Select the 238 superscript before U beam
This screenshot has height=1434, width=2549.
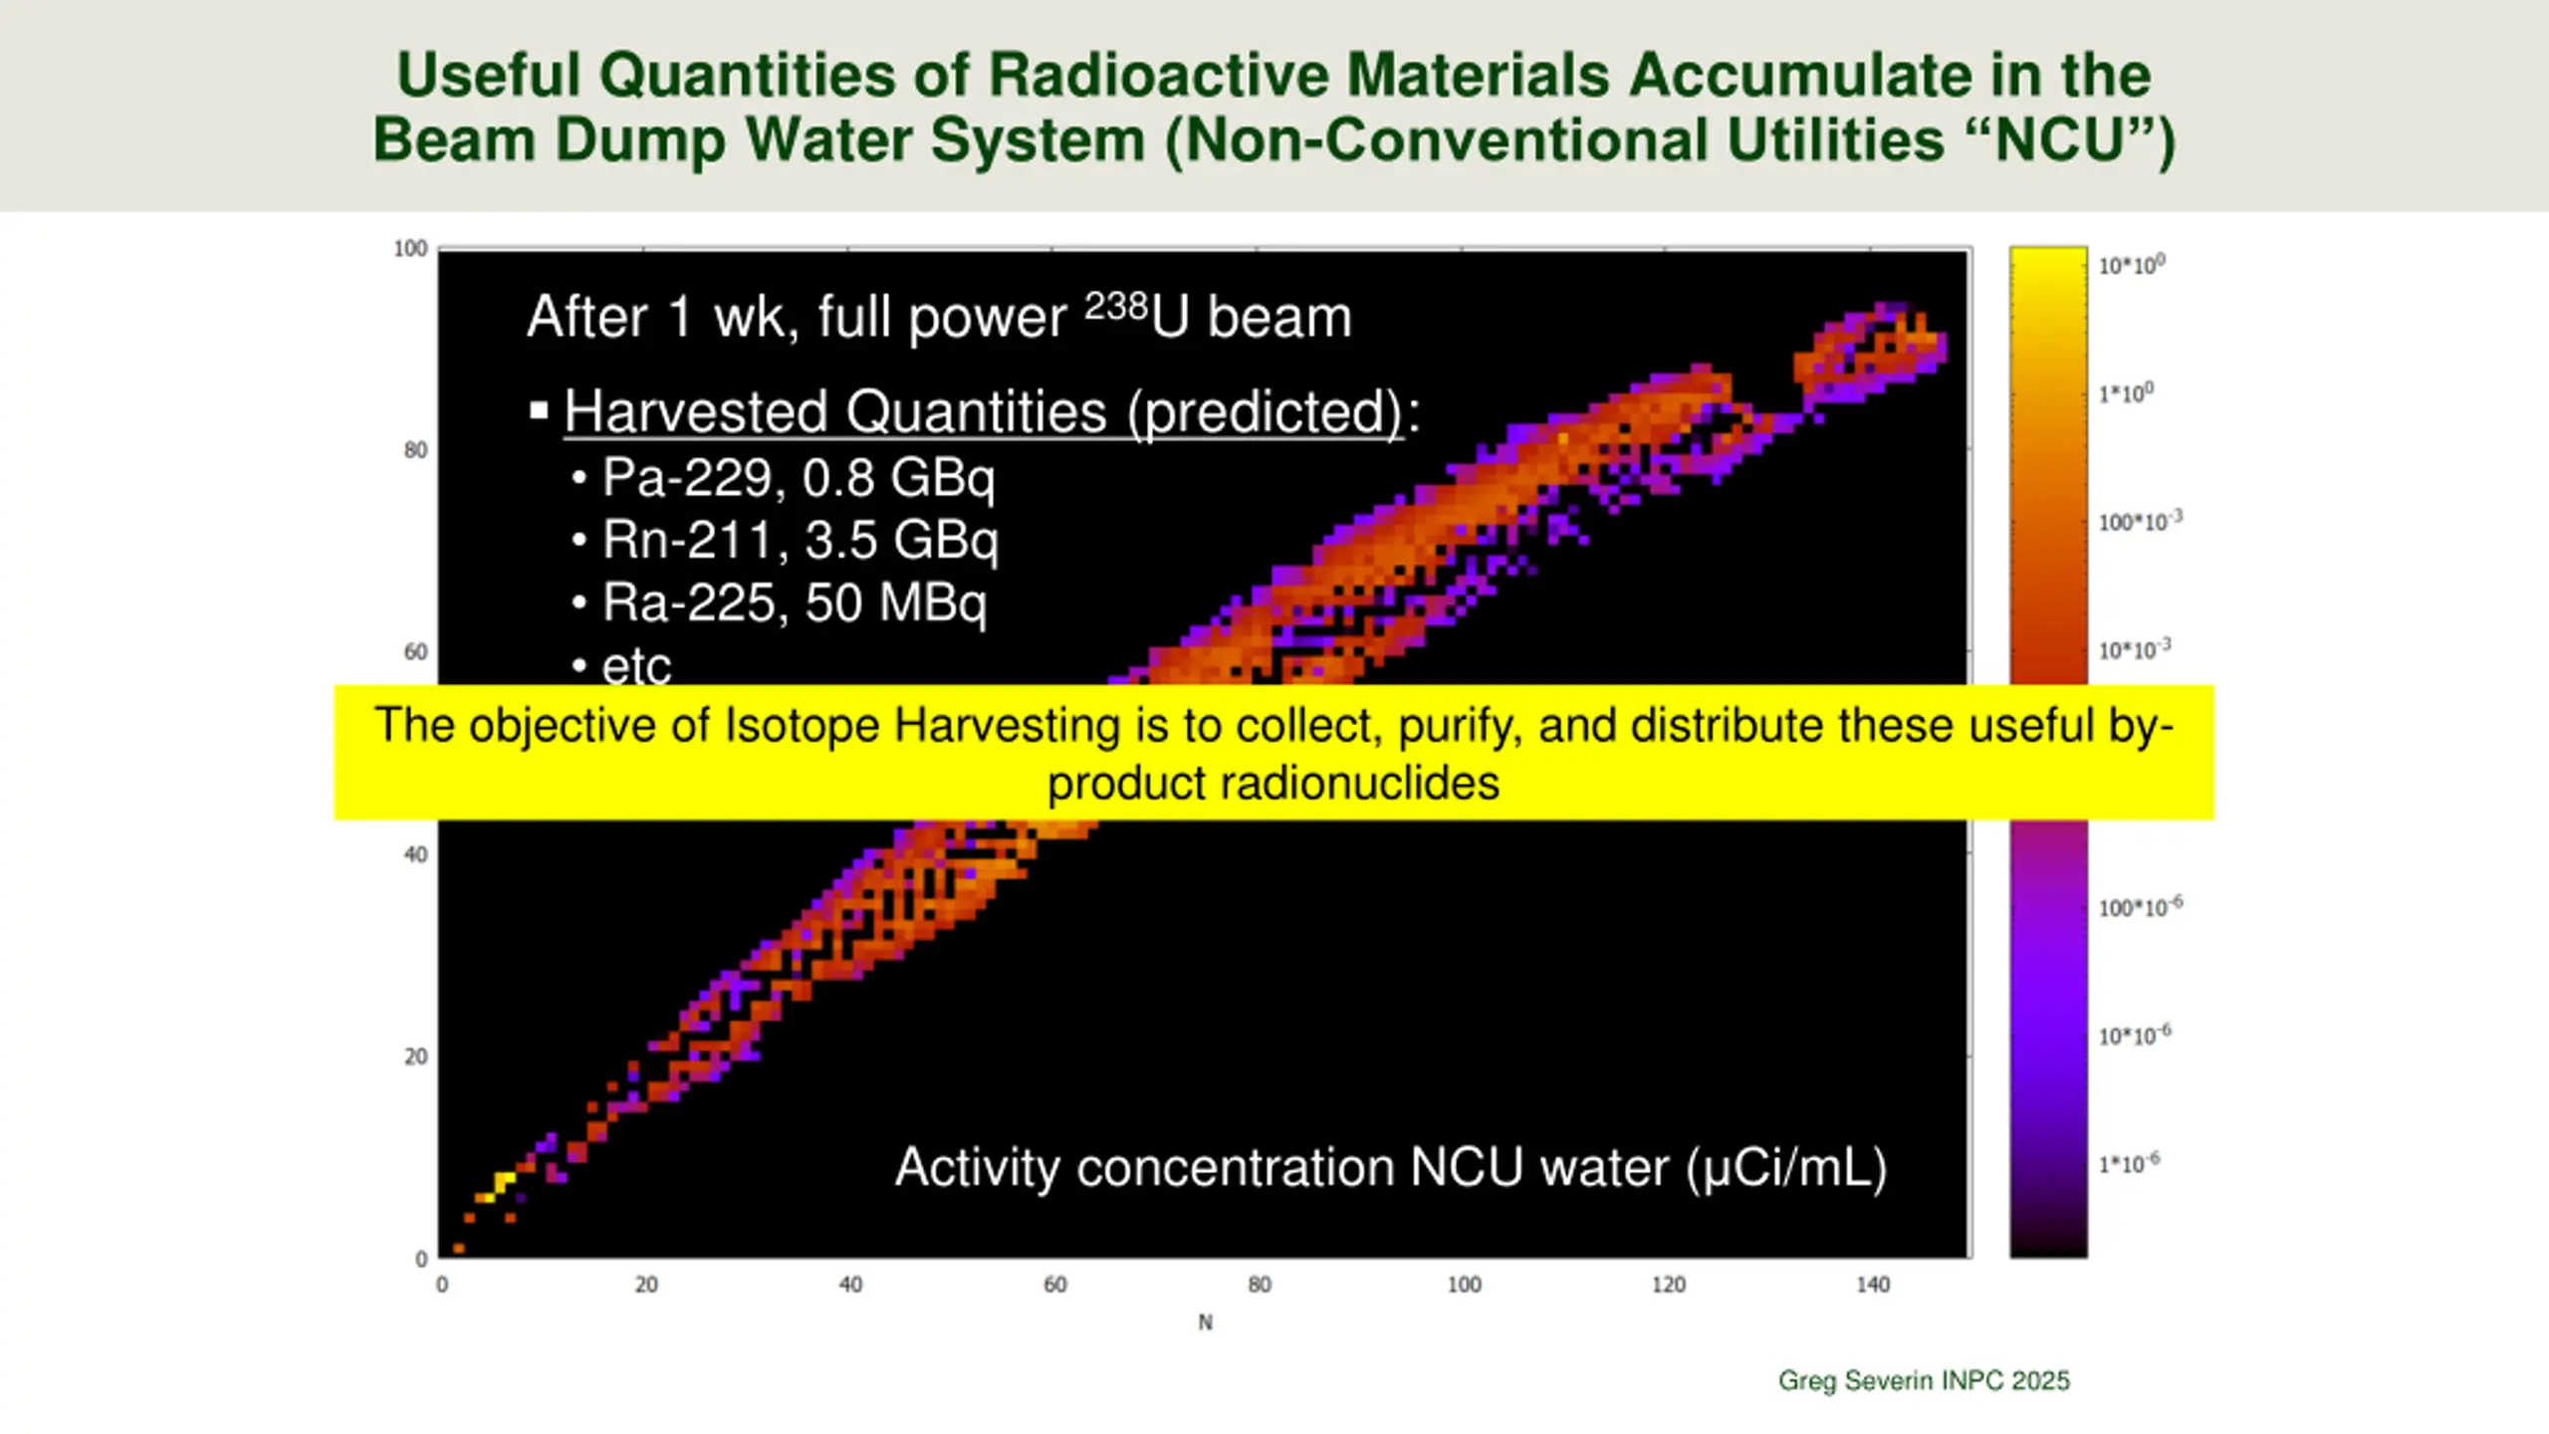coord(1115,306)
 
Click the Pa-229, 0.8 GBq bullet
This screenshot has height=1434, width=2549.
coord(798,477)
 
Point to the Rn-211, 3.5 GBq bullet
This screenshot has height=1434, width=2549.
coord(800,541)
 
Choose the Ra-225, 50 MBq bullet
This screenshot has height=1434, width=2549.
coord(794,603)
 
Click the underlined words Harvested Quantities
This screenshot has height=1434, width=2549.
coord(834,411)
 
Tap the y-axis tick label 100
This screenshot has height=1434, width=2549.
coord(410,249)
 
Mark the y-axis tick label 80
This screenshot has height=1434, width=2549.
coord(415,450)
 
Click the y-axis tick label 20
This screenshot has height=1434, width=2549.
coord(415,1057)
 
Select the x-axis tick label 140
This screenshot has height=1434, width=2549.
coord(1872,1285)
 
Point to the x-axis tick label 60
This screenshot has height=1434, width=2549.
coord(1054,1285)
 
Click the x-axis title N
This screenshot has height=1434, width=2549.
coord(1205,1322)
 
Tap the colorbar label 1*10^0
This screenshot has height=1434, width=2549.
coord(2125,393)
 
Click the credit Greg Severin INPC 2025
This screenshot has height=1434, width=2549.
coord(1924,1380)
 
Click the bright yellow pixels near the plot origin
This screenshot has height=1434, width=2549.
coord(500,1184)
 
